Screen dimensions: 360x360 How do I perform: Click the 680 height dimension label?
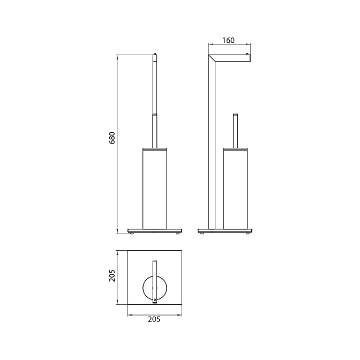(112, 138)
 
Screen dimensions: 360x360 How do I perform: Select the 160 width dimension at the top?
(228, 40)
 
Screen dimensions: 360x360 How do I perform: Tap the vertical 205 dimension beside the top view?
(112, 275)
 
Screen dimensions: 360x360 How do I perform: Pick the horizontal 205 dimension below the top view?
(154, 319)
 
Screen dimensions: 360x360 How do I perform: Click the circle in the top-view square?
(143, 288)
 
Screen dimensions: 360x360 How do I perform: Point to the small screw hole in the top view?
(155, 299)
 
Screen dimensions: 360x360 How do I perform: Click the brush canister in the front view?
(155, 189)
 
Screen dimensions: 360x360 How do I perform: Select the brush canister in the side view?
(236, 189)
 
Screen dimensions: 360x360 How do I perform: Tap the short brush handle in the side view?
(235, 131)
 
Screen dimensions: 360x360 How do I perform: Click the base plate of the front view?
(155, 231)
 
